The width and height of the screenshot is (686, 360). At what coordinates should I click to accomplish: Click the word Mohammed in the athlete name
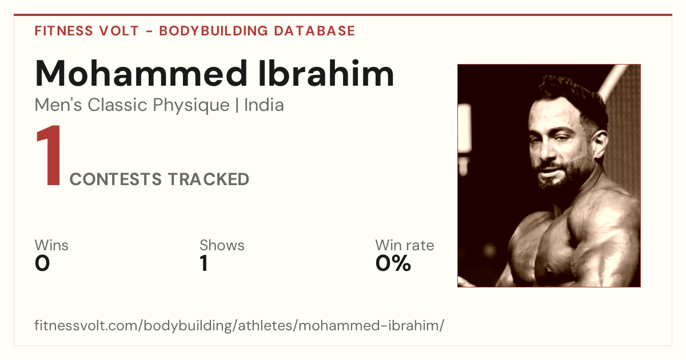(141, 74)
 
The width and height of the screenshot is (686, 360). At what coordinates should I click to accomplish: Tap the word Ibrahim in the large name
(326, 73)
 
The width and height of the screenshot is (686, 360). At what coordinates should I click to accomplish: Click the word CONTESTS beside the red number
(115, 179)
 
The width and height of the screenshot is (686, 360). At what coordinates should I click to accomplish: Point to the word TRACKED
(209, 179)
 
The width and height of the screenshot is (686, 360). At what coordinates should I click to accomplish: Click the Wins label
(51, 245)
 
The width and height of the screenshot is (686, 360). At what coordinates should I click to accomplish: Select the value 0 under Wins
(42, 263)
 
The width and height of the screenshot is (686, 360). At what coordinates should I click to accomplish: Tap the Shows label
(222, 245)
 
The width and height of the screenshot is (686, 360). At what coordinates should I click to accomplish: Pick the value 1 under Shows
(204, 263)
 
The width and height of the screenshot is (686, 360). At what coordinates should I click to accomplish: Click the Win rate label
(405, 245)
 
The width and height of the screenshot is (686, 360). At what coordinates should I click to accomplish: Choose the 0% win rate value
(393, 263)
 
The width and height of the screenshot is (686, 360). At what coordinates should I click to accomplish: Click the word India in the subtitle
(264, 105)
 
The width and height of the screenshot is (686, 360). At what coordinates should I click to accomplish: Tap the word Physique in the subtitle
(191, 106)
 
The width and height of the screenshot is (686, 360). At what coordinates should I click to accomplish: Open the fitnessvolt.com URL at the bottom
(239, 325)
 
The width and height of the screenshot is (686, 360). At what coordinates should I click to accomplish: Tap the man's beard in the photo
(567, 171)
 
